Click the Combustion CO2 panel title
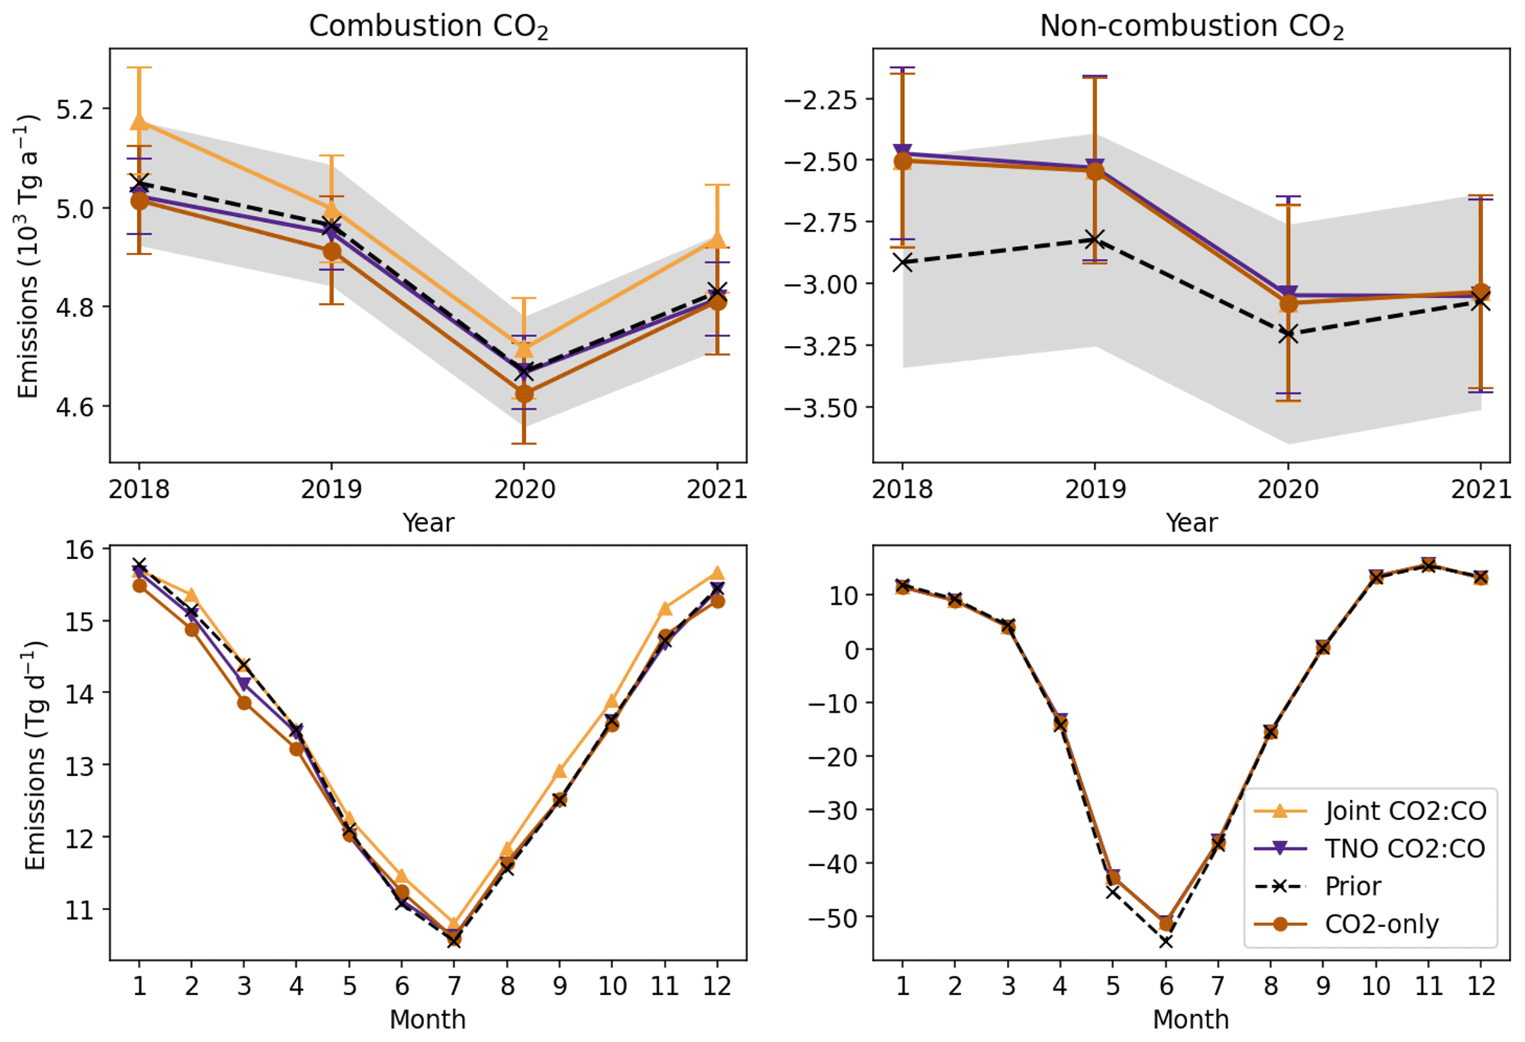click(x=428, y=27)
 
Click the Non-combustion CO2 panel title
click(x=1191, y=27)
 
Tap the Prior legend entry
click(x=1352, y=886)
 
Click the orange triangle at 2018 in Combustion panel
click(x=139, y=122)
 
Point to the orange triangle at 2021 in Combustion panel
click(x=717, y=240)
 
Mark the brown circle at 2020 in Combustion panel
click(x=524, y=394)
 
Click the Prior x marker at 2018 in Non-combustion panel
click(x=902, y=263)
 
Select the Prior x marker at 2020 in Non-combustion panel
click(x=1288, y=333)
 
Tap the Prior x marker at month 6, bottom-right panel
click(x=1166, y=941)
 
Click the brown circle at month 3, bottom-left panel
click(x=244, y=703)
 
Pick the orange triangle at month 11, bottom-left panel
click(x=665, y=608)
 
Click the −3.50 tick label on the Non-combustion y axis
click(x=821, y=407)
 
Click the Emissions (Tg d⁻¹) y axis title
click(x=34, y=755)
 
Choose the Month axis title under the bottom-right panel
click(x=1191, y=1019)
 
